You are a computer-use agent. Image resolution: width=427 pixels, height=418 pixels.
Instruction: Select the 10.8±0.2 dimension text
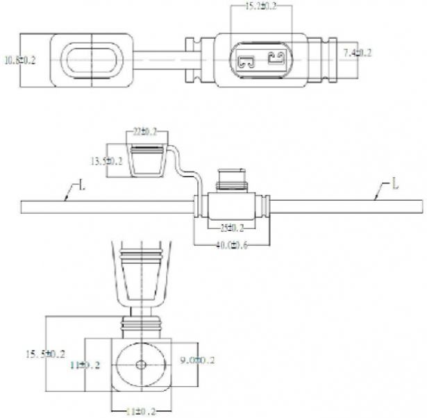[x=20, y=60]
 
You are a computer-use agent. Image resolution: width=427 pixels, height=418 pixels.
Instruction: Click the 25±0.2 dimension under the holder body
[x=232, y=227]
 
